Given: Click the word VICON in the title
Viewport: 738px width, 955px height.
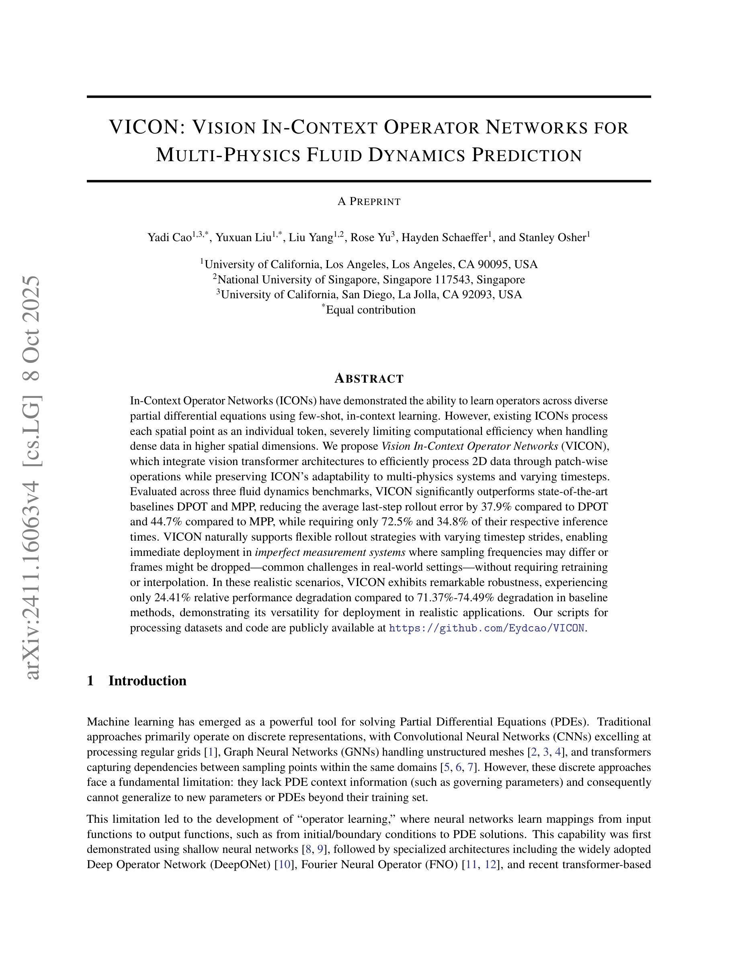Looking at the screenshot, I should (x=143, y=127).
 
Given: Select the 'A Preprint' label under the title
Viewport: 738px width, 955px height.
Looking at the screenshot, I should (x=369, y=202).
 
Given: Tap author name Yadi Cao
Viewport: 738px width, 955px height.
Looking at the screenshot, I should (x=169, y=238).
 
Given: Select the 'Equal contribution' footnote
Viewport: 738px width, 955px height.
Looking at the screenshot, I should (x=371, y=310).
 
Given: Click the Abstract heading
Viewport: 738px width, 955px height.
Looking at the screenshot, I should (x=369, y=379).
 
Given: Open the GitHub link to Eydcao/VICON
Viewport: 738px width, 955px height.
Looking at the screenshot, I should (x=487, y=628).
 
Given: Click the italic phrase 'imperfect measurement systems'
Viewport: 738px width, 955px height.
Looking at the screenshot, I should (x=330, y=552).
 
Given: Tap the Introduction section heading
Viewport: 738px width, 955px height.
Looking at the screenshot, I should (x=148, y=681).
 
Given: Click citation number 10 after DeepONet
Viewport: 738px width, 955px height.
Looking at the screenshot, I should (x=284, y=865).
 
